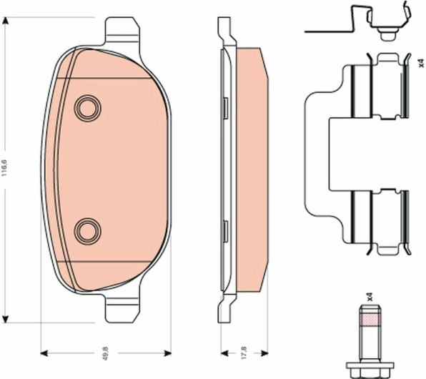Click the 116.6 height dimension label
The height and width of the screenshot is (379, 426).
[x=5, y=168]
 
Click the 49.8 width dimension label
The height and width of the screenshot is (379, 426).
[x=106, y=353]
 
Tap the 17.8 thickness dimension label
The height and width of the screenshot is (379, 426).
[x=244, y=353]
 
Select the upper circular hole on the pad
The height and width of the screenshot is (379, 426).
[x=87, y=108]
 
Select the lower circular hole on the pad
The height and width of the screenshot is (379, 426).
[x=87, y=231]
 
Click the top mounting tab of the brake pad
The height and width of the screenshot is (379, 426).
[x=122, y=31]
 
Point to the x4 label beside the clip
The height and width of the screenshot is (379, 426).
[x=421, y=63]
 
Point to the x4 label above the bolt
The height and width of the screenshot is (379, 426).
[x=370, y=297]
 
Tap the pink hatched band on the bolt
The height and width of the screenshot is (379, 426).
[x=370, y=320]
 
